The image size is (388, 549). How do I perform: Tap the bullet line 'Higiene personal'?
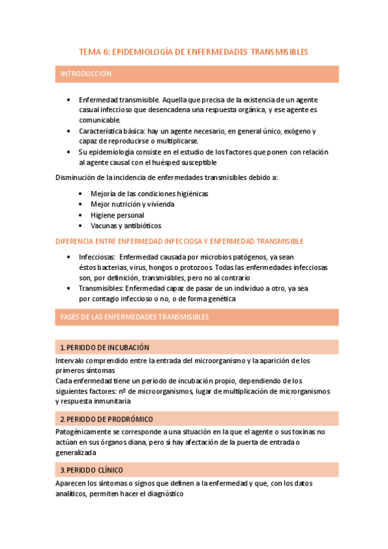tap(117, 215)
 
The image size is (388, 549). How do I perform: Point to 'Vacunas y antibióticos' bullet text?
tap(126, 226)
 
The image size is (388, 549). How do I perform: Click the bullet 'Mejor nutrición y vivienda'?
tap(132, 204)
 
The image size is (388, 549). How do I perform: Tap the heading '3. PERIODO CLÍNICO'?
tap(91, 470)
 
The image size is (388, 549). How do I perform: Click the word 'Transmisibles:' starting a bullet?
tap(100, 288)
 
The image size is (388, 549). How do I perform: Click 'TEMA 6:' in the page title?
tap(94, 51)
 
